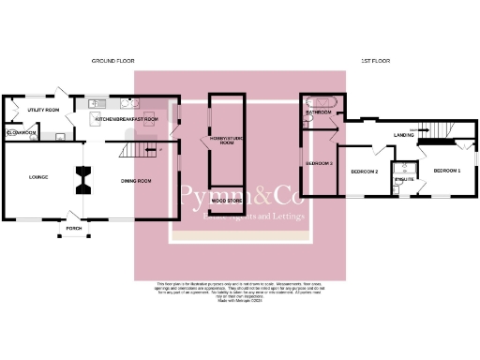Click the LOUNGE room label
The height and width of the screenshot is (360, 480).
coord(38,177)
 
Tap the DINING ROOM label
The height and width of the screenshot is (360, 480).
coord(136,181)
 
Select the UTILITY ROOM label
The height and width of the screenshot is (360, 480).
coord(43,111)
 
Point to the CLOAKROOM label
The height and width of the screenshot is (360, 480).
coord(21,133)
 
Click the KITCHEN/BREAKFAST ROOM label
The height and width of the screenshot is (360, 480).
coord(127,120)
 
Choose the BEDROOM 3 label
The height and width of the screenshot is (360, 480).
coord(320,164)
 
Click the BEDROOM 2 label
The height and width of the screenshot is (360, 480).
coord(364,172)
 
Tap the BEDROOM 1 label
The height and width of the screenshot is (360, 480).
coord(446,171)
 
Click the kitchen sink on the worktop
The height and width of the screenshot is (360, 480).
coord(97,104)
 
